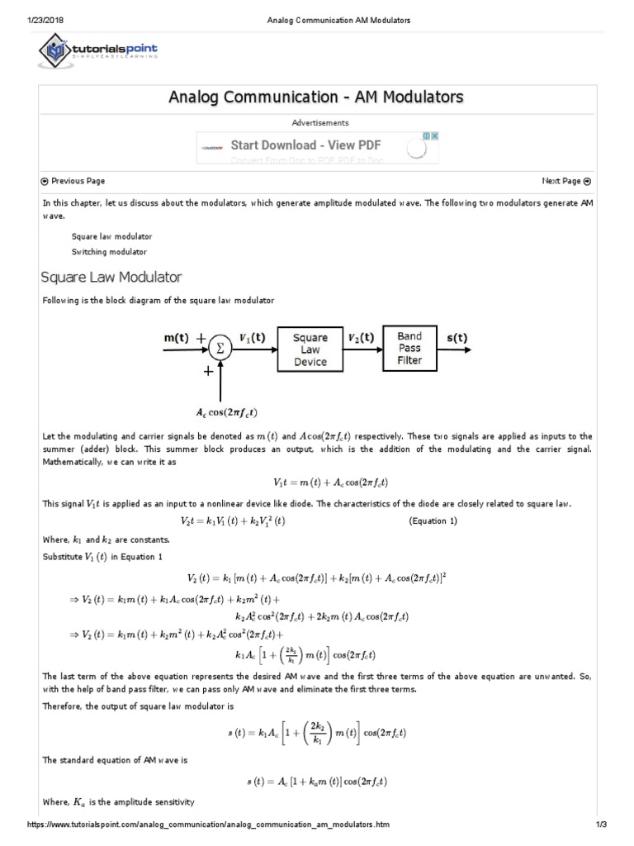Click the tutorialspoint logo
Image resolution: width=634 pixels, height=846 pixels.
pyautogui.click(x=99, y=51)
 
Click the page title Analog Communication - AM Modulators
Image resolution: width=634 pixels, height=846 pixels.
pyautogui.click(x=316, y=97)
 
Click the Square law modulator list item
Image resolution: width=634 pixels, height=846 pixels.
pyautogui.click(x=111, y=236)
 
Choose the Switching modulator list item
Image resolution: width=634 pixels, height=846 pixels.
pyautogui.click(x=109, y=251)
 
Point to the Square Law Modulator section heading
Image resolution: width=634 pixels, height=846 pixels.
pyautogui.click(x=111, y=277)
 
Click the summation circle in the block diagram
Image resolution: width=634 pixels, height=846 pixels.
pyautogui.click(x=220, y=349)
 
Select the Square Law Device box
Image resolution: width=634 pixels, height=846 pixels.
pyautogui.click(x=310, y=349)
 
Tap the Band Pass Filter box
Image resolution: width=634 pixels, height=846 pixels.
pyautogui.click(x=409, y=349)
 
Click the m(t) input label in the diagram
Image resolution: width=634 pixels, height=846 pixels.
pyautogui.click(x=174, y=338)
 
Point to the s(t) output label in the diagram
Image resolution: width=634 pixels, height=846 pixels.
pyautogui.click(x=457, y=337)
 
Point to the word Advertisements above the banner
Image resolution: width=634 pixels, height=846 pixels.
pyautogui.click(x=316, y=122)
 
